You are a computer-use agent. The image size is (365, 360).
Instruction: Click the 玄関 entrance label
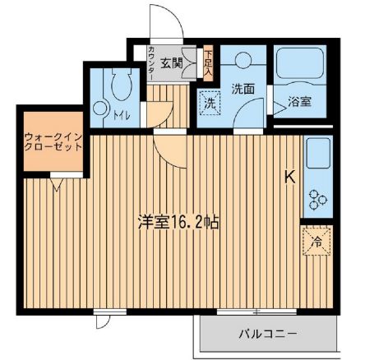click(171, 61)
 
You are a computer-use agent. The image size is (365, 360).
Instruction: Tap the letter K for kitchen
click(289, 175)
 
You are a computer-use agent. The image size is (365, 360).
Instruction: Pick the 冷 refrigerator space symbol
click(316, 242)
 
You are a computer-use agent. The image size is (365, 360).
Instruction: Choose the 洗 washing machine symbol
click(210, 104)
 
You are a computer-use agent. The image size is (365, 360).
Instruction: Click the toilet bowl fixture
click(116, 85)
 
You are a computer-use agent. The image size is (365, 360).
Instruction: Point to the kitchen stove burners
click(316, 197)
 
